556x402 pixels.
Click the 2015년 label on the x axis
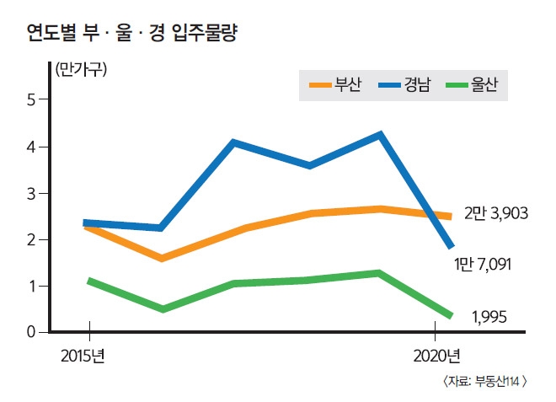tap(83, 356)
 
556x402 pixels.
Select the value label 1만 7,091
tap(483, 265)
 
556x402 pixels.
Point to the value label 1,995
tap(489, 317)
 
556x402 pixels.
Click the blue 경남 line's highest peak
tap(380, 135)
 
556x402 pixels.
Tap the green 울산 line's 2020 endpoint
tap(451, 315)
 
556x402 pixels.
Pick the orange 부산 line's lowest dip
tap(161, 258)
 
